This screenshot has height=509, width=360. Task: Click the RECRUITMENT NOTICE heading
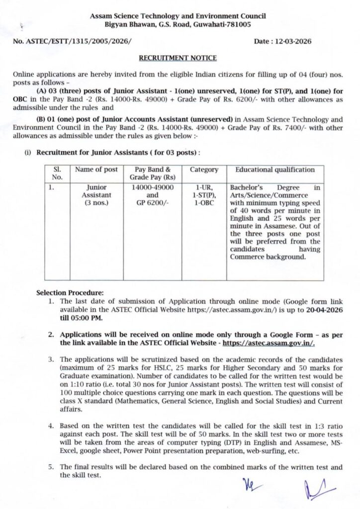[x=178, y=58]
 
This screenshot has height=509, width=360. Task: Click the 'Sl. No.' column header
[x=58, y=173]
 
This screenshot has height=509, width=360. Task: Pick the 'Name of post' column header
[x=96, y=170]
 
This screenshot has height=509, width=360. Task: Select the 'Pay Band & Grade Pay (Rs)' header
[x=153, y=173]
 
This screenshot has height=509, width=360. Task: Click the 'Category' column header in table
[x=204, y=170]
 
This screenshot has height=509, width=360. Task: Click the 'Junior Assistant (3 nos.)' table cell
[x=96, y=195]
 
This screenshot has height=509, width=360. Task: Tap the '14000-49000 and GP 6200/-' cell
[x=153, y=195]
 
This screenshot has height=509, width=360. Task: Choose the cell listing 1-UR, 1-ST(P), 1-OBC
[x=204, y=195]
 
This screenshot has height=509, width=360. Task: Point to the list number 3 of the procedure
[x=51, y=359]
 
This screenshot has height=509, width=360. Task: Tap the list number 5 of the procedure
[x=51, y=467]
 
